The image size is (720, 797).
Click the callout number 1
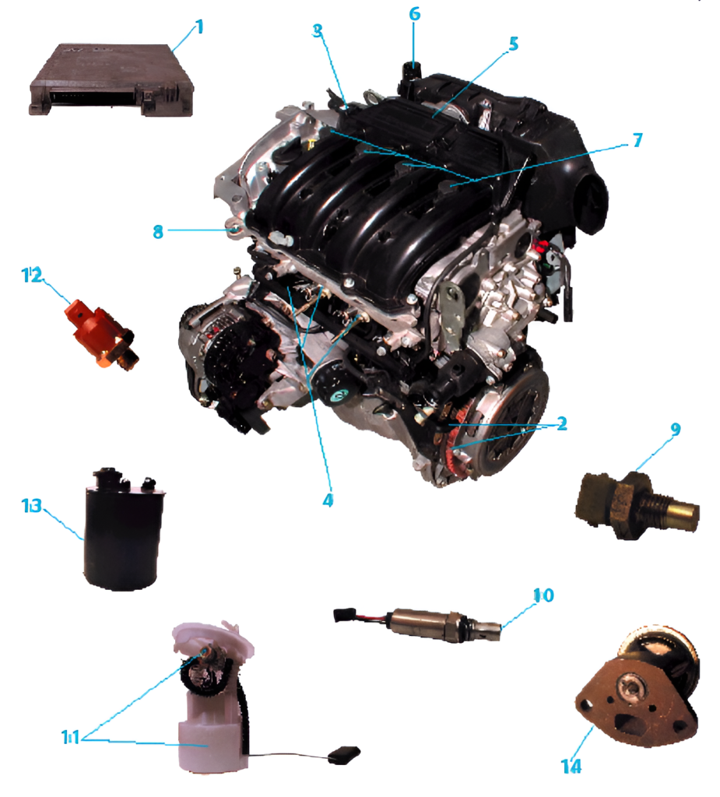point(199,26)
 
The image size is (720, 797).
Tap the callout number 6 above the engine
point(415,14)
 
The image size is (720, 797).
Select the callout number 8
point(158,232)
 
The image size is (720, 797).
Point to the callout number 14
point(571,766)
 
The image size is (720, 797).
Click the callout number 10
point(543,595)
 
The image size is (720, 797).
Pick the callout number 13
point(31,506)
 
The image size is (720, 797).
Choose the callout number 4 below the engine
point(328,500)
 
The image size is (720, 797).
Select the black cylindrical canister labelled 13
point(124,528)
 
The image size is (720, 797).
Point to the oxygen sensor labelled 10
point(417,623)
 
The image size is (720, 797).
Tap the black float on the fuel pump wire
point(344,755)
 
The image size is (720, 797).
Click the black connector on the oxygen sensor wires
point(342,615)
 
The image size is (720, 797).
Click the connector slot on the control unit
point(92,94)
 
